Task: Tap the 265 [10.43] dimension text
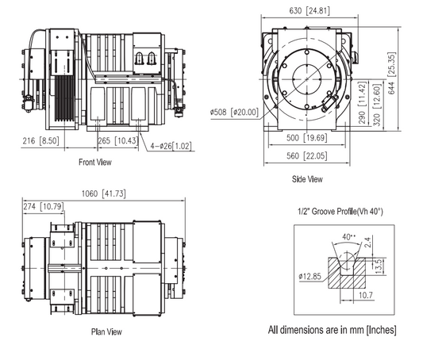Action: pyautogui.click(x=116, y=140)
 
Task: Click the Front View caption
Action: pyautogui.click(x=94, y=163)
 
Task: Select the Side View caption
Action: pyautogui.click(x=307, y=179)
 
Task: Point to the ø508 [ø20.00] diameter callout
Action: pyautogui.click(x=235, y=112)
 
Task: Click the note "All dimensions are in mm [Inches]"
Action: pyautogui.click(x=333, y=329)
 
